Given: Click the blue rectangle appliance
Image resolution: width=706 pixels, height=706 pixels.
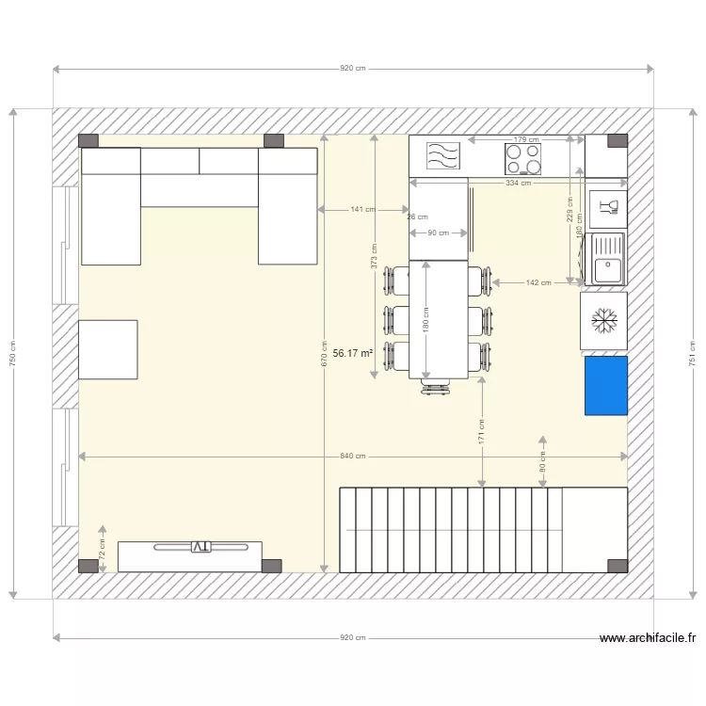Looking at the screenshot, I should (x=605, y=385).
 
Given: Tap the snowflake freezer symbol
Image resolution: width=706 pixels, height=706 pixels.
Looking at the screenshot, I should (x=603, y=320).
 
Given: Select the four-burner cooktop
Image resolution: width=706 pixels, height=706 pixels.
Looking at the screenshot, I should (x=524, y=157).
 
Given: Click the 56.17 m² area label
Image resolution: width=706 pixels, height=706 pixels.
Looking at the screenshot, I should (x=352, y=353).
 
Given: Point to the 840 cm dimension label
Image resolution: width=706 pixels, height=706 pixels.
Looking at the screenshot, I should (x=352, y=457).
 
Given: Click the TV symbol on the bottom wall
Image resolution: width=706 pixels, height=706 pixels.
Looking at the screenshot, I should (x=201, y=546).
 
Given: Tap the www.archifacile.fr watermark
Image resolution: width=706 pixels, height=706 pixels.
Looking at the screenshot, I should (x=648, y=638).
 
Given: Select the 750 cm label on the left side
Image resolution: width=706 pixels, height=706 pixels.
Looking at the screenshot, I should (x=12, y=353).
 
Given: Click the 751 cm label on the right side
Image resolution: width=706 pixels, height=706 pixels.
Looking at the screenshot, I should (x=692, y=353).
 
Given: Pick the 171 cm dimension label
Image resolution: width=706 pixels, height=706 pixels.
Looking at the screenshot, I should (x=482, y=432).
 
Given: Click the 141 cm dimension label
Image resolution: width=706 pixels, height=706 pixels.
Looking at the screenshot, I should (x=361, y=209).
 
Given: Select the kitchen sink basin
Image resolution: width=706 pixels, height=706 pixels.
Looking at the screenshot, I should (x=607, y=260).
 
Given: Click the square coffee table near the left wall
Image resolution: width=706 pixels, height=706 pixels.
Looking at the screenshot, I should (x=108, y=349).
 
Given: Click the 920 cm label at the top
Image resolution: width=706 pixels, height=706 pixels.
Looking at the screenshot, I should (x=352, y=69).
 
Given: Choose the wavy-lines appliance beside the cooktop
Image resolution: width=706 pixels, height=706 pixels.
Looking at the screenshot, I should (x=441, y=155).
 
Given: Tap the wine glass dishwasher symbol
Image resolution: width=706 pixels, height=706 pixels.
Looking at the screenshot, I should (x=606, y=207).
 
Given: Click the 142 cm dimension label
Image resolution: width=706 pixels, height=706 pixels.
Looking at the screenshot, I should (x=538, y=282).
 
